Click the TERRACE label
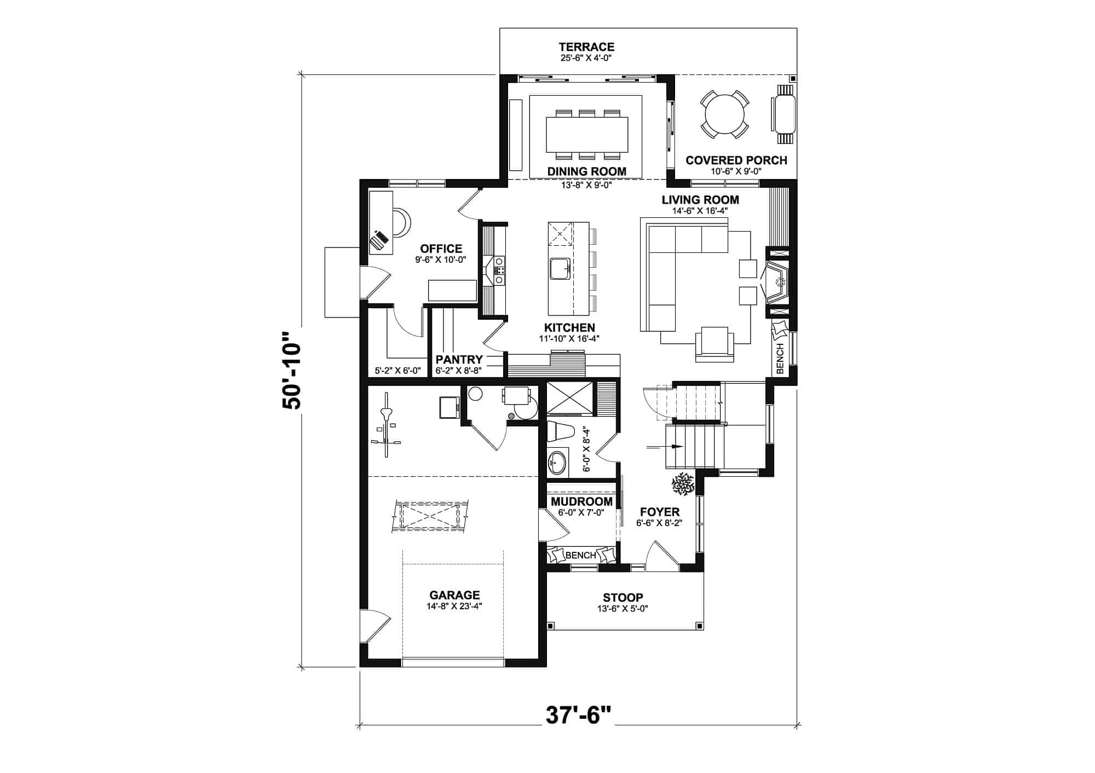586,47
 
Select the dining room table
586,134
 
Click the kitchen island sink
560,268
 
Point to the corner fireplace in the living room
776,282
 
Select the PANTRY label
459,360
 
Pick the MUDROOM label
581,502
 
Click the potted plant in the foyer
683,484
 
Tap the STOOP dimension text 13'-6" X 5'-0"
623,608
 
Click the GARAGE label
454,595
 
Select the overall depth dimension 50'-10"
291,370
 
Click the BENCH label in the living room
780,358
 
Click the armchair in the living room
714,344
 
